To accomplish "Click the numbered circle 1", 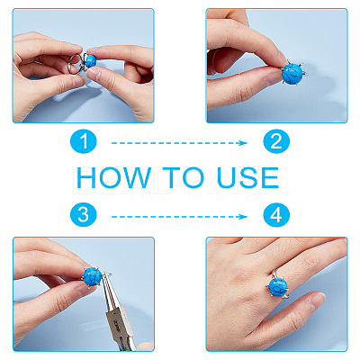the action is pyautogui.click(x=84, y=140).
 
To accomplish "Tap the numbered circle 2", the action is pyautogui.click(x=276, y=140).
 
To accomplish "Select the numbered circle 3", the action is pyautogui.click(x=84, y=215).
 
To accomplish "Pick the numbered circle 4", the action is pyautogui.click(x=276, y=215).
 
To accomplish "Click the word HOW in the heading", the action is pyautogui.click(x=113, y=177).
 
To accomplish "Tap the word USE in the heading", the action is pyautogui.click(x=247, y=177).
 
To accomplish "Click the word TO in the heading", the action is pyautogui.click(x=184, y=177).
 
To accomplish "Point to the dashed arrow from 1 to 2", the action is pyautogui.click(x=179, y=143).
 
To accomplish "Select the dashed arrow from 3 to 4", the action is pyautogui.click(x=179, y=217).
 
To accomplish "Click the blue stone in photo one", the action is pyautogui.click(x=91, y=61).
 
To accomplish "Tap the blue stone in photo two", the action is pyautogui.click(x=292, y=73).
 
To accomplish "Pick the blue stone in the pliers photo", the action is pyautogui.click(x=93, y=277).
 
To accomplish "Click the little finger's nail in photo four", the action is pyautogui.click(x=317, y=301).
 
